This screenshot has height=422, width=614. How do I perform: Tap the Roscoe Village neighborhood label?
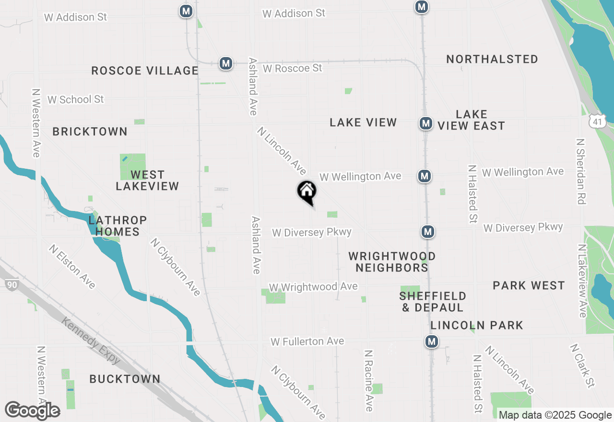point(144,70)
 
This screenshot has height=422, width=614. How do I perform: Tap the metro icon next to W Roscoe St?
point(226,63)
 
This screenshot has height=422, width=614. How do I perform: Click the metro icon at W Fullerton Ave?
point(432,341)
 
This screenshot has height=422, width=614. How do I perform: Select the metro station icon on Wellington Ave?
point(424,176)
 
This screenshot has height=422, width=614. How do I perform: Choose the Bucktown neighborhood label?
point(125,379)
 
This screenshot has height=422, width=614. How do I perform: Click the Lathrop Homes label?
point(118,226)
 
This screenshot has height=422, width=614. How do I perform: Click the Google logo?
point(32,410)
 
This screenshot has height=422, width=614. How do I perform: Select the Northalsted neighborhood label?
point(492,59)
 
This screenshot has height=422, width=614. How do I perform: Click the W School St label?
point(75,100)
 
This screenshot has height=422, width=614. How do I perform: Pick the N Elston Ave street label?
point(72,267)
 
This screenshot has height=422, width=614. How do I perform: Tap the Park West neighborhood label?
point(529,286)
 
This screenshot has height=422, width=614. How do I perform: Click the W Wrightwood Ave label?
point(313,287)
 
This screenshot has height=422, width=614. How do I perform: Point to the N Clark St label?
point(583,365)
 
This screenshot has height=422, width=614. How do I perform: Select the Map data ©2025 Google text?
point(555,415)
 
